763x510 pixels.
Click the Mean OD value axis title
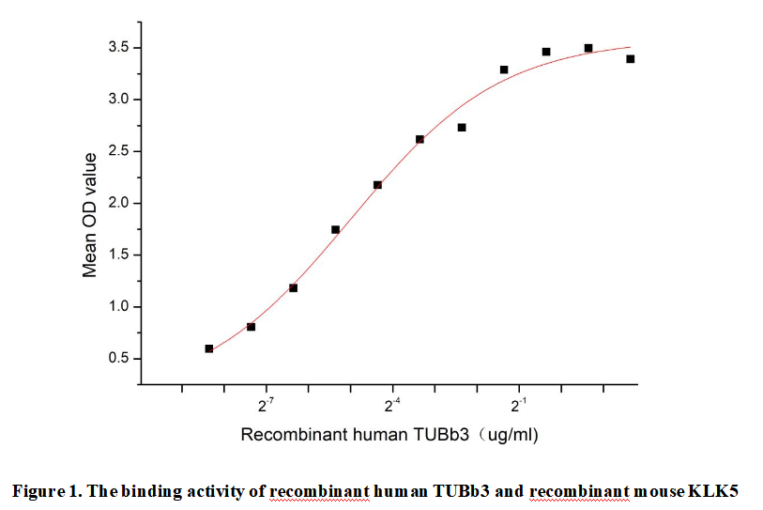pos(90,215)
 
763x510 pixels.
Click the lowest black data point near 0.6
pos(209,348)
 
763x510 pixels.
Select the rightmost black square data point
pos(631,59)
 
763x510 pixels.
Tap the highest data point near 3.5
pos(588,48)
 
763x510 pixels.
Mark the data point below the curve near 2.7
pos(462,127)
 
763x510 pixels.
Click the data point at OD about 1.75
pos(335,229)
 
